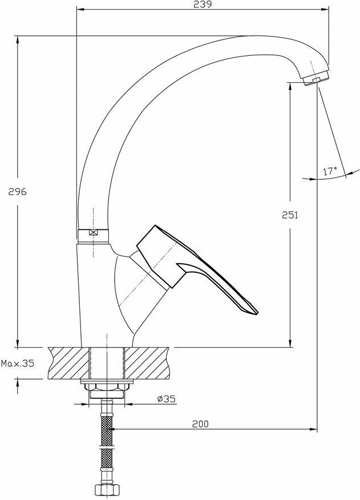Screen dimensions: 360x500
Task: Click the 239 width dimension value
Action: [x=203, y=5]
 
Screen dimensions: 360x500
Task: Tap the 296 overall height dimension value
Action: [x=18, y=192]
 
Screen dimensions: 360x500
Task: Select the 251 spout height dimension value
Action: [x=290, y=215]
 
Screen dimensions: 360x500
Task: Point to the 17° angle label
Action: [x=330, y=171]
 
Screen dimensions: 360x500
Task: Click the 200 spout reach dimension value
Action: [x=200, y=424]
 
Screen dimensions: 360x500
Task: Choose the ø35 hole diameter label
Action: [x=167, y=399]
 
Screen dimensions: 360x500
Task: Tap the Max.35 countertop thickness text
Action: [x=17, y=364]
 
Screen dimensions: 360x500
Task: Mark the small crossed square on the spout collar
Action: [x=93, y=232]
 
